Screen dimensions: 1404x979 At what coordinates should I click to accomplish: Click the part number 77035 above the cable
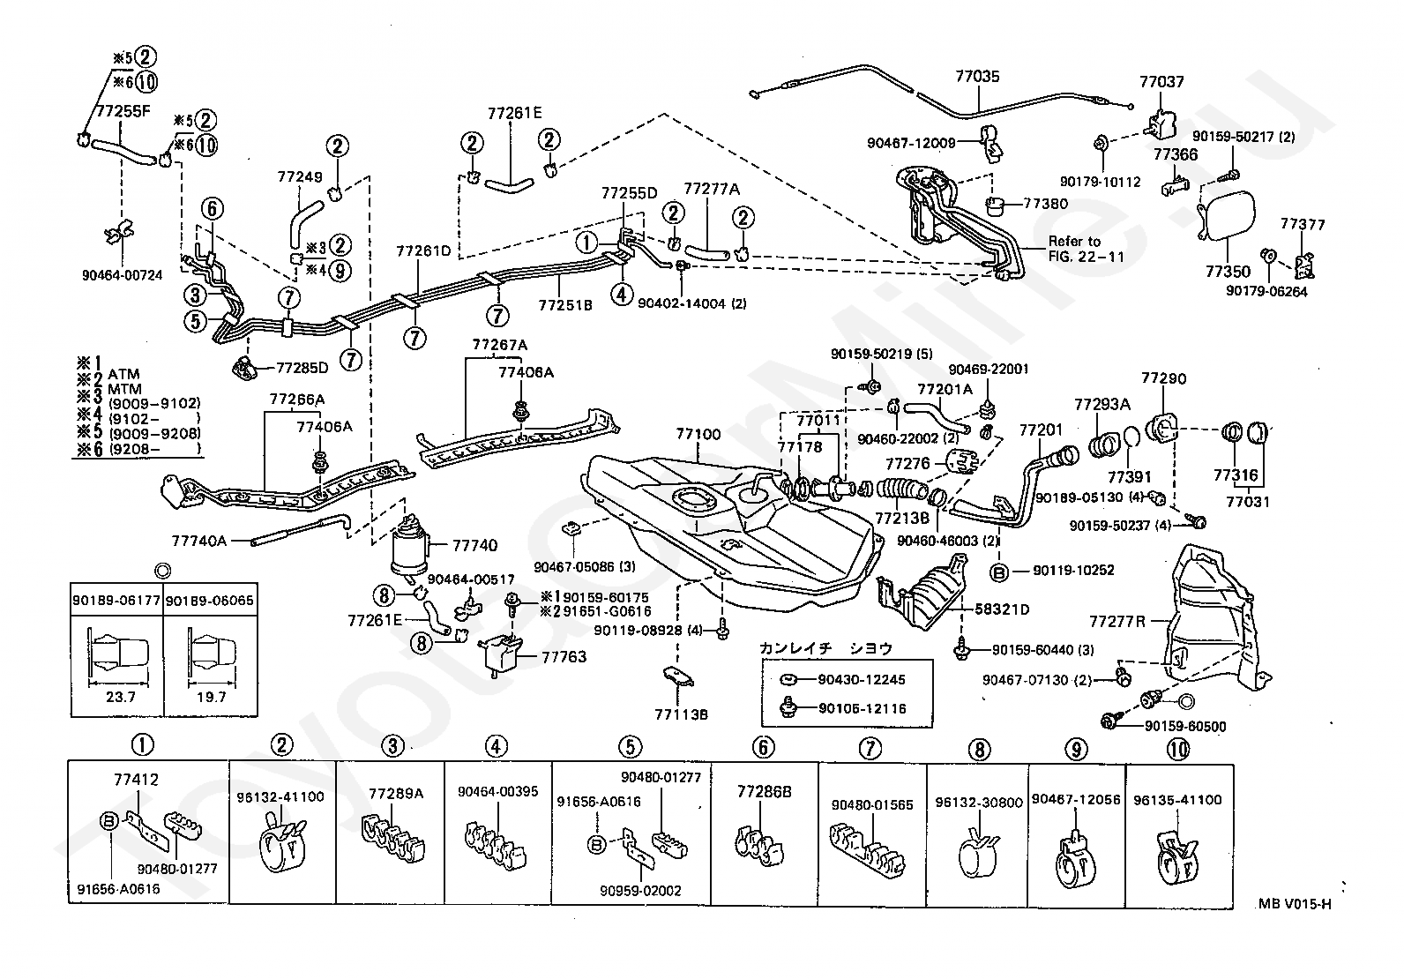977,77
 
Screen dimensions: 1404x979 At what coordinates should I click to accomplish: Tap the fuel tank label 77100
698,434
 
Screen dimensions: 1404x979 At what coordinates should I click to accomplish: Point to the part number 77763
564,657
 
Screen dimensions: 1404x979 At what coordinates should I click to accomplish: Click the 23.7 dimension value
120,697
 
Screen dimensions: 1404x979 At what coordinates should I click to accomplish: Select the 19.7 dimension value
212,697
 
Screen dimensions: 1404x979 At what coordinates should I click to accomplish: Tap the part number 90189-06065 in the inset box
209,601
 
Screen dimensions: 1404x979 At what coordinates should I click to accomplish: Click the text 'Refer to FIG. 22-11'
1087,249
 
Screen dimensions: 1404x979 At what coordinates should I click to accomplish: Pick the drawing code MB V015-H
1295,904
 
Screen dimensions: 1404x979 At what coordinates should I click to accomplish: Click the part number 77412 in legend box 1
136,780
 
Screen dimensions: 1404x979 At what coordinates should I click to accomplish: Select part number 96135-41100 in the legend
1177,800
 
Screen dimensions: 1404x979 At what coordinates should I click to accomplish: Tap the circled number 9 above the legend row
1076,750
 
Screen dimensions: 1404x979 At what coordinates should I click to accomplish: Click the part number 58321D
1002,609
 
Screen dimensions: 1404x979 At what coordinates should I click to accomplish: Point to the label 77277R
1116,622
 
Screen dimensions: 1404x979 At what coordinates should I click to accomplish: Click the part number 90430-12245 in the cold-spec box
862,679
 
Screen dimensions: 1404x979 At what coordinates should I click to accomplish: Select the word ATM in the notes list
123,374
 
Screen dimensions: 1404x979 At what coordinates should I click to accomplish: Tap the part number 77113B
682,714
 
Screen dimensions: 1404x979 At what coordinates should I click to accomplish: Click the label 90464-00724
123,275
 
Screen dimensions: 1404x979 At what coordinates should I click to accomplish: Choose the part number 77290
1164,378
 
